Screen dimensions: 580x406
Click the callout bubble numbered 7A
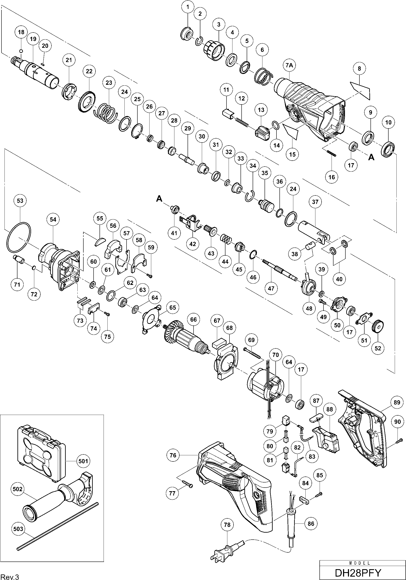[x=289, y=65]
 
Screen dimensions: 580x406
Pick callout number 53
[x=20, y=201]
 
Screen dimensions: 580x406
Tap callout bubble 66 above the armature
[x=193, y=320]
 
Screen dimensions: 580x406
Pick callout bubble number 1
[x=188, y=7]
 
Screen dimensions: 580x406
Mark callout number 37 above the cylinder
[x=315, y=202]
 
